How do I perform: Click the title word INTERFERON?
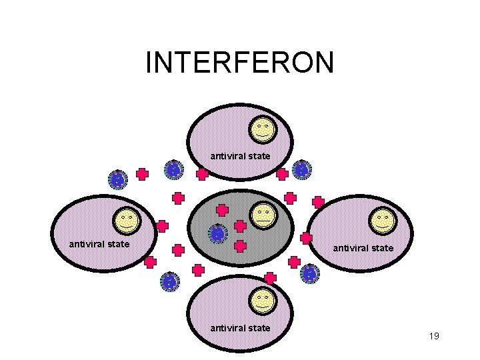(239, 63)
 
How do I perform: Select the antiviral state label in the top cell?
(240, 156)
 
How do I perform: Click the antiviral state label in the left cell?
(99, 243)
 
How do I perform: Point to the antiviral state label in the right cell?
(363, 248)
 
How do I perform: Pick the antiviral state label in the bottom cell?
(240, 327)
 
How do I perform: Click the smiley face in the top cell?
(262, 128)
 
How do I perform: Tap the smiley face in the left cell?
(126, 220)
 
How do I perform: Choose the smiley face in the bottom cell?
(262, 301)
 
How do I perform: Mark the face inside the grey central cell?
(263, 215)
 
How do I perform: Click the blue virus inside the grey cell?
(217, 234)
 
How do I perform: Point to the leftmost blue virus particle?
(117, 179)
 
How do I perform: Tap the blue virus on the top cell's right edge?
(301, 170)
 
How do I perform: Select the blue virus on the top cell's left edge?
(173, 170)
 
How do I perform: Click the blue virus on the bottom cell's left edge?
(171, 282)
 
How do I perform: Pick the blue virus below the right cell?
(309, 273)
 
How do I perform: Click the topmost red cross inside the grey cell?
(222, 209)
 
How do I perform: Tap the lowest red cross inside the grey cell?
(241, 246)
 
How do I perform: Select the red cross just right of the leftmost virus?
(142, 174)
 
